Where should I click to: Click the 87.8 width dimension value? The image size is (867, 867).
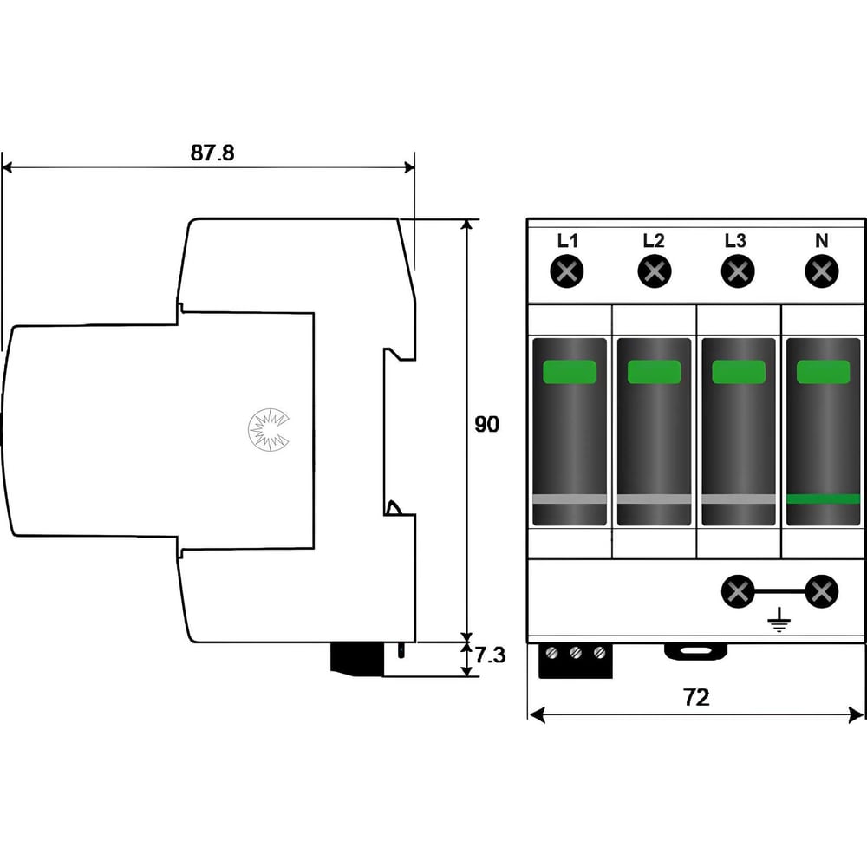point(212,153)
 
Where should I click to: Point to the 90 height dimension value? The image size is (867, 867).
point(486,424)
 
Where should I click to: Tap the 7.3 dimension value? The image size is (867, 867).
point(490,655)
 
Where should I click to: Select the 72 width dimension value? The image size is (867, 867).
point(696,697)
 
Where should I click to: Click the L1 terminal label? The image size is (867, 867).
point(567,240)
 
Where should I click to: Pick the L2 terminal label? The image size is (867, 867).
point(654,240)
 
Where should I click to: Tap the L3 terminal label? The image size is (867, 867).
point(736,240)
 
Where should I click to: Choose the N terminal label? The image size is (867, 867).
point(822,240)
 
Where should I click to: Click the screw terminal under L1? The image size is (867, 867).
point(567,271)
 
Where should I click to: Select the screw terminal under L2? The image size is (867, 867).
point(654,271)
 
